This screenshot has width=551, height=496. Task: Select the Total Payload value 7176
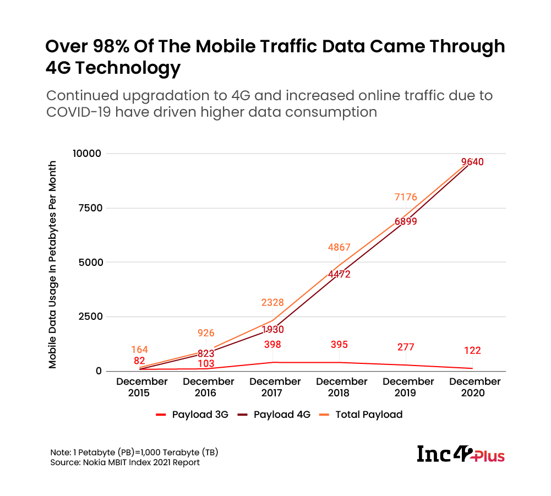tap(406, 197)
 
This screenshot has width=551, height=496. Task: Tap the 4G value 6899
tap(406, 221)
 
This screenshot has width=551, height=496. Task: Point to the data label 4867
tap(339, 248)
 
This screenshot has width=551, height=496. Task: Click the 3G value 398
tap(272, 345)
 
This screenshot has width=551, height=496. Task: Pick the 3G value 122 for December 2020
tap(472, 351)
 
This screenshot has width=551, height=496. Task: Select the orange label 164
tap(139, 350)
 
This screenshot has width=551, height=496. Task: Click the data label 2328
tap(272, 302)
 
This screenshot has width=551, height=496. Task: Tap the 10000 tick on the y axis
tap(87, 153)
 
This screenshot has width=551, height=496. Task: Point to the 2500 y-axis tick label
tap(89, 317)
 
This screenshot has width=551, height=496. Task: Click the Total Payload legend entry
tap(363, 415)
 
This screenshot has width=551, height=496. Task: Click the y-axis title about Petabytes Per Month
tap(53, 264)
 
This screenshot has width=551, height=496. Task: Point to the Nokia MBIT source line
tap(125, 462)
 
